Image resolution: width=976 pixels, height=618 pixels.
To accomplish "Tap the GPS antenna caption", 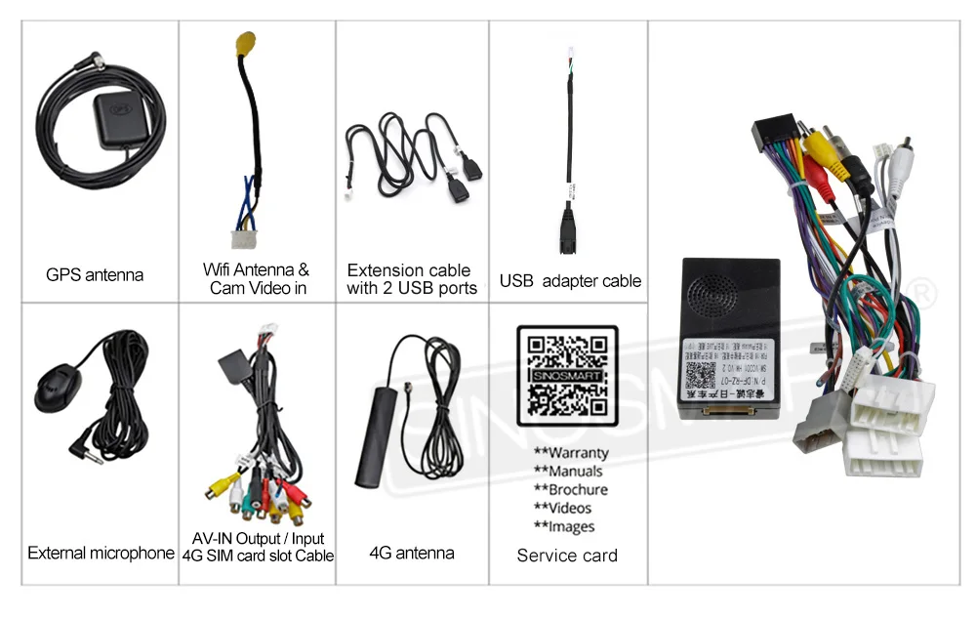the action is (x=95, y=275).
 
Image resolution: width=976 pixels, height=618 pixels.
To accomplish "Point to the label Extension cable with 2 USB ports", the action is (x=411, y=278).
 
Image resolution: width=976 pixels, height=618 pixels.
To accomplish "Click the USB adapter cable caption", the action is (x=570, y=281).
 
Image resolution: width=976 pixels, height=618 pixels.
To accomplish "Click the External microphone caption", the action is (x=101, y=554).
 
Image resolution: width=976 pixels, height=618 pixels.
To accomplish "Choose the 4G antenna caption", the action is (x=411, y=554).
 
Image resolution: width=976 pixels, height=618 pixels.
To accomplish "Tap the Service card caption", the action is (x=567, y=556).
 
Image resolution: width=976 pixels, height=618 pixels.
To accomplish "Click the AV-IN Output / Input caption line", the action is (x=258, y=539).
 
